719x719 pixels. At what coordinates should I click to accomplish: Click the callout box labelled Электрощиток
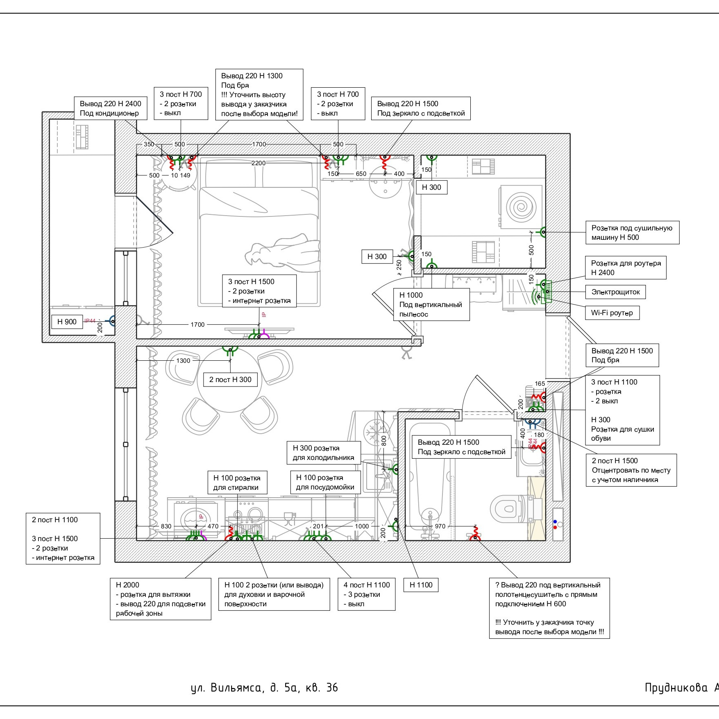pos(615,292)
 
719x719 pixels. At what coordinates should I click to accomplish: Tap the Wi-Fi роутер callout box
pos(612,313)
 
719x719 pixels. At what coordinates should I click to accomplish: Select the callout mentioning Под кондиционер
pos(110,108)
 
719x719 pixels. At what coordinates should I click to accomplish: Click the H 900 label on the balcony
pos(67,322)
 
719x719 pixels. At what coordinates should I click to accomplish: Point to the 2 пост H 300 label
pos(230,380)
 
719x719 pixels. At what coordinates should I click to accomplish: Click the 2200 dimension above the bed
pos(259,163)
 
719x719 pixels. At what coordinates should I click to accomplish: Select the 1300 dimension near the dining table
pos(183,361)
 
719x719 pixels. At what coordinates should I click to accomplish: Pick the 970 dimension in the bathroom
pos(440,526)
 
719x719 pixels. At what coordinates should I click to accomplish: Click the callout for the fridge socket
pos(323,453)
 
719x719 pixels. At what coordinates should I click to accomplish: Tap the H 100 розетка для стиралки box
pos(237,482)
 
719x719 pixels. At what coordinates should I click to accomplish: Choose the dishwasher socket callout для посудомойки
pos(325,482)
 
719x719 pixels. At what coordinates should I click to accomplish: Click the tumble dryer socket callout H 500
pos(632,232)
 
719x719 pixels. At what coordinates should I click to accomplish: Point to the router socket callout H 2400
pos(626,268)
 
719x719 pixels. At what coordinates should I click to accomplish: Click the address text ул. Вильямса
pos(264,688)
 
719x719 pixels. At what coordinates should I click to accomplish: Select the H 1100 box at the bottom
pos(421,585)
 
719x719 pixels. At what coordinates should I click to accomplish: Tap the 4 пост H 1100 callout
pos(367,594)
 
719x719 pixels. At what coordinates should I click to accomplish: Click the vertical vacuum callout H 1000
pos(431,305)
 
